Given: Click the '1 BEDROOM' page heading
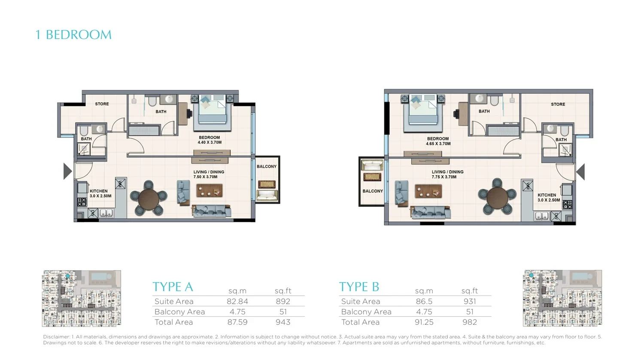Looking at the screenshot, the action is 73,35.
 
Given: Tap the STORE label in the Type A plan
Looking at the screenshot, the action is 102,104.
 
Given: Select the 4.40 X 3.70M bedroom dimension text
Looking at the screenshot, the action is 210,143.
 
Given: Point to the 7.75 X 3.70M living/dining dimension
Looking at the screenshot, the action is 444,177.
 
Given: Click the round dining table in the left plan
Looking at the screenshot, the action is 149,198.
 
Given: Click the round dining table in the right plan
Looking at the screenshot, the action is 497,198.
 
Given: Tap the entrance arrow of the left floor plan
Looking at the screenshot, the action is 67,171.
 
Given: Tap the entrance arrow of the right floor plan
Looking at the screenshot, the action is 580,172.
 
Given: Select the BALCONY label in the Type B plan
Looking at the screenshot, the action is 373,191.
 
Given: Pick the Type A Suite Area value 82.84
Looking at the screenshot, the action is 237,301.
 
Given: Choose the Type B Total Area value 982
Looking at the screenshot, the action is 470,322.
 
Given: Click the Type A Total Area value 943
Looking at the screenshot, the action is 283,322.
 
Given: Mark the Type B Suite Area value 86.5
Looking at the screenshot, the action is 424,301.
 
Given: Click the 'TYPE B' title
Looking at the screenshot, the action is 359,287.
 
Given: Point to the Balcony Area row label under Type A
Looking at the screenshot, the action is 180,311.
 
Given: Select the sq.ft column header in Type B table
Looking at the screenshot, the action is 470,291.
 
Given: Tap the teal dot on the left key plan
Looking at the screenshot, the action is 67,276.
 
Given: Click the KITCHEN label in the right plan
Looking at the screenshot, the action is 547,195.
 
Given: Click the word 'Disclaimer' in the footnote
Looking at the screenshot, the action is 56,337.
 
